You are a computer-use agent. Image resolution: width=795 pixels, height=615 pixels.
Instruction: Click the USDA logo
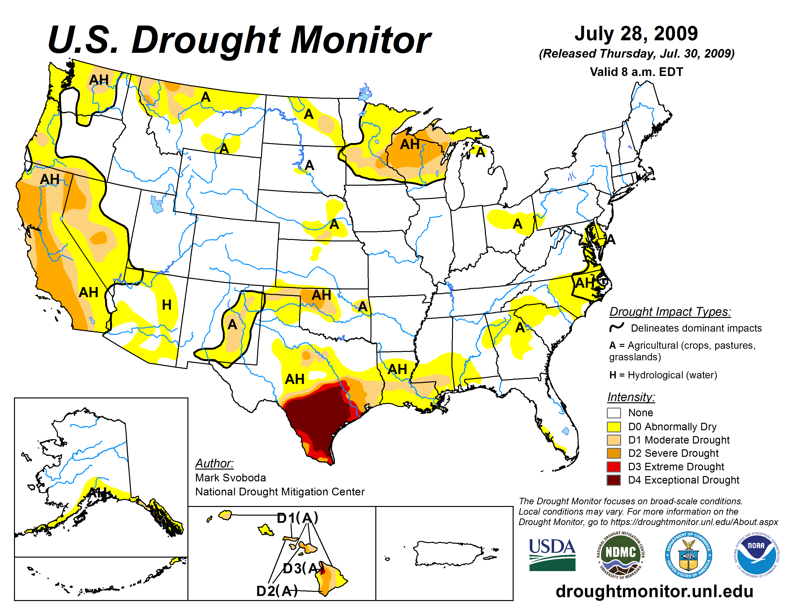(552, 554)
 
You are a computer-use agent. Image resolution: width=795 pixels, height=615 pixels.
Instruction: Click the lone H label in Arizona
(166, 305)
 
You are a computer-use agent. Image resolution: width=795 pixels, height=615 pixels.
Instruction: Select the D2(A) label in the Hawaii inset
(277, 591)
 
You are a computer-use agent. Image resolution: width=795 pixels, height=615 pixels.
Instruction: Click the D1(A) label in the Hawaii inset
(297, 518)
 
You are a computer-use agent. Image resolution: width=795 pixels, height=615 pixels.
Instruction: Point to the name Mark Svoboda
(230, 478)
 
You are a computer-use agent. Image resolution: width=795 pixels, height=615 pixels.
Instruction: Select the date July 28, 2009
(636, 34)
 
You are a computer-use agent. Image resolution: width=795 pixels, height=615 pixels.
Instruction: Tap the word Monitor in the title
(360, 40)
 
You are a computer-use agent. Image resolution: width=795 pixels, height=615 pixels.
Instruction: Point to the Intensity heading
(631, 397)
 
